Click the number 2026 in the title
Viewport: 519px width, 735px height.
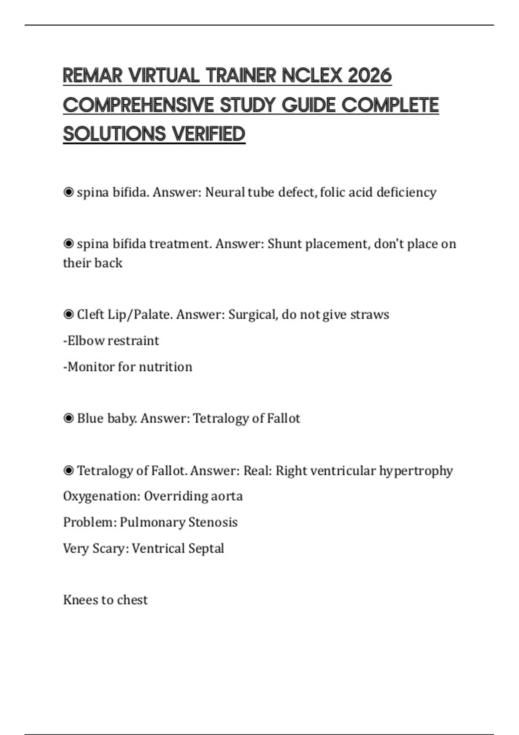(x=369, y=76)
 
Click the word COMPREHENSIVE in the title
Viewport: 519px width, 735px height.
(x=138, y=105)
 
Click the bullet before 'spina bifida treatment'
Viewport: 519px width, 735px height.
(x=68, y=244)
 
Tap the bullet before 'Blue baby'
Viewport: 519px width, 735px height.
(x=68, y=418)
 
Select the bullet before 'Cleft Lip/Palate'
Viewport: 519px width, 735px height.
(x=68, y=314)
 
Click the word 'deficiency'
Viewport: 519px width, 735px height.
(x=406, y=192)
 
